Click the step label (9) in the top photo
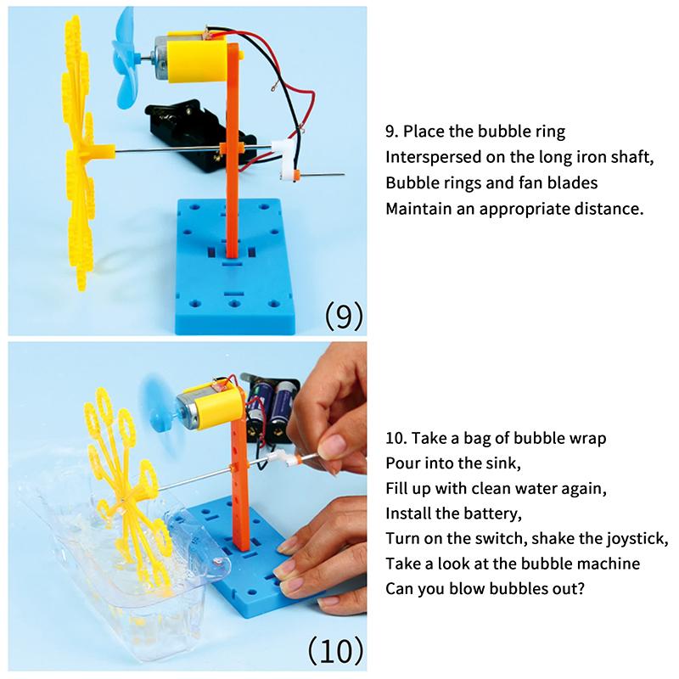[x=344, y=315]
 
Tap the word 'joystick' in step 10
[x=637, y=538]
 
